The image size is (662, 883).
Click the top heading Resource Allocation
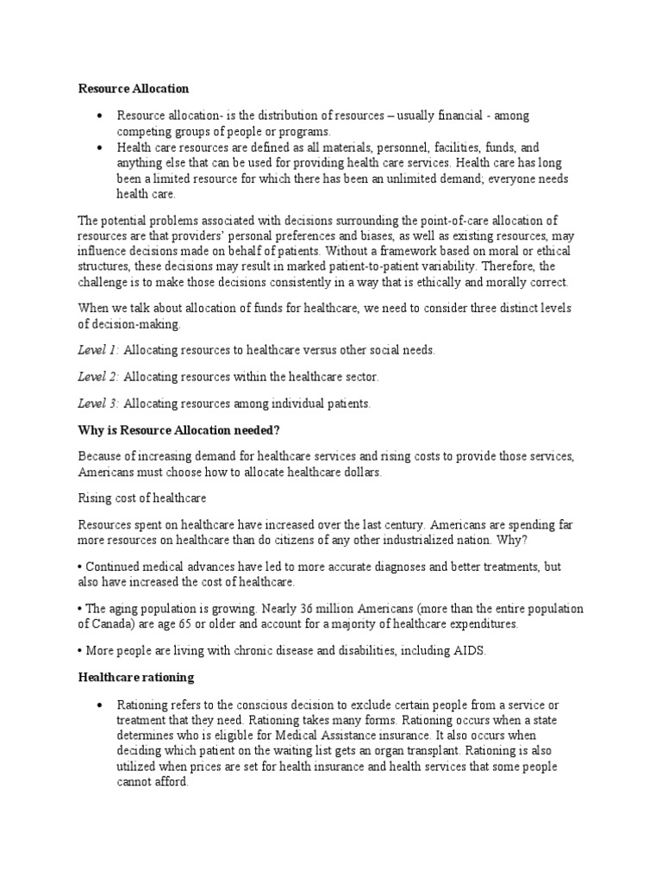[x=134, y=89]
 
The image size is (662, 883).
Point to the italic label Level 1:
[x=98, y=350]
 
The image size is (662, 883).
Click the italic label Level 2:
[x=98, y=377]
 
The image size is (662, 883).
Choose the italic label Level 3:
[x=98, y=404]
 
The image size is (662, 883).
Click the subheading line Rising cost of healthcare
[x=143, y=498]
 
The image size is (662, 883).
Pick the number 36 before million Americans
[x=323, y=609]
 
